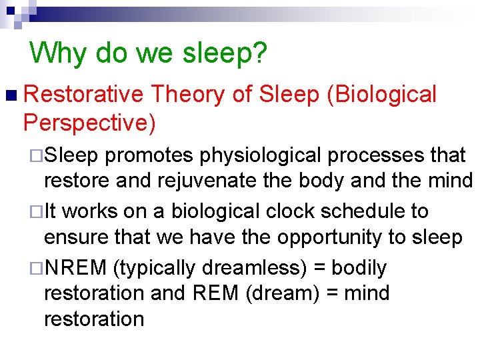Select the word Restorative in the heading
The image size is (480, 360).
pos(83,95)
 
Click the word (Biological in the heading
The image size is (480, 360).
pos(381,95)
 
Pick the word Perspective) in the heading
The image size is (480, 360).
pos(89,122)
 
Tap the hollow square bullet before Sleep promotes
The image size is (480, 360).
pos(37,156)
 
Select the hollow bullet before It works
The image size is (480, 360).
pos(37,212)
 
